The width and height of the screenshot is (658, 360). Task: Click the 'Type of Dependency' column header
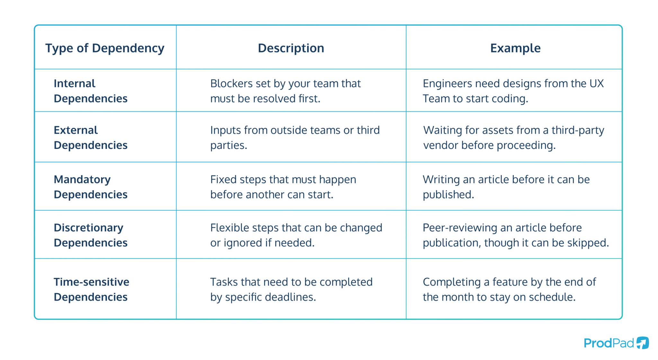tap(105, 48)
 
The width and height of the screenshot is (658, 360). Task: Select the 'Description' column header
tap(291, 48)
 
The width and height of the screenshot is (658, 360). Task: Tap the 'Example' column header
tap(515, 48)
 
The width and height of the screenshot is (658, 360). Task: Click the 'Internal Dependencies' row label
tap(91, 91)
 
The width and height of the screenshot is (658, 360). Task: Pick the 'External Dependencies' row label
tap(91, 137)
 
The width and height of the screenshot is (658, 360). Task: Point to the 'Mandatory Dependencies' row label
tap(91, 187)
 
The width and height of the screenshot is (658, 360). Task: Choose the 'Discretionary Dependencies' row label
tap(91, 235)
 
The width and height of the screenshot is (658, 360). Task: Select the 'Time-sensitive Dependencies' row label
tap(91, 289)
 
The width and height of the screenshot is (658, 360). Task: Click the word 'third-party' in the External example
tap(578, 130)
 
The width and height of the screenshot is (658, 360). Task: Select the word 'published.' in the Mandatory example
tap(448, 195)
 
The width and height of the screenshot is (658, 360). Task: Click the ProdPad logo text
tap(609, 343)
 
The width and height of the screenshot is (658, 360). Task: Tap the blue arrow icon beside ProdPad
tap(643, 342)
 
